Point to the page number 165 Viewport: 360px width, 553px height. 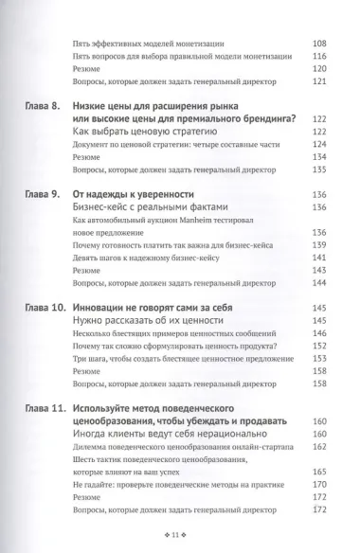318,469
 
